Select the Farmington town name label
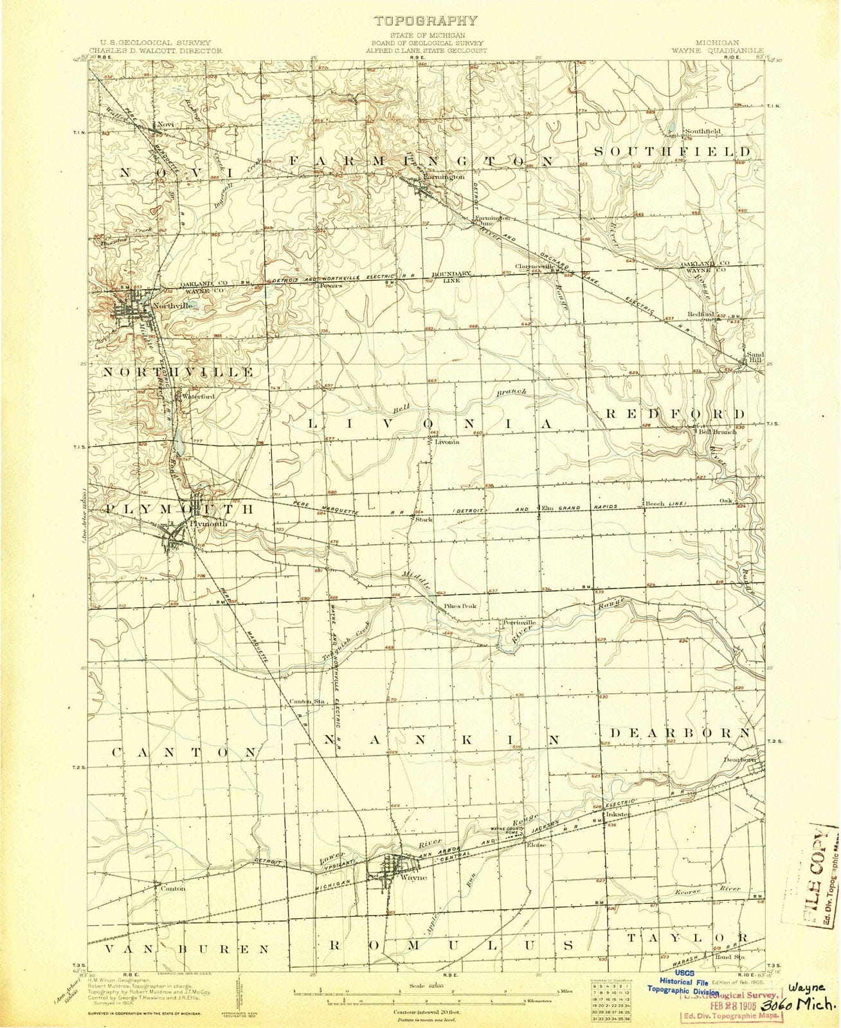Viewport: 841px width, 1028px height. [x=444, y=176]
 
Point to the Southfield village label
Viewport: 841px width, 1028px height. [x=703, y=131]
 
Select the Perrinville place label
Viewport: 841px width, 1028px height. [x=519, y=623]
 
